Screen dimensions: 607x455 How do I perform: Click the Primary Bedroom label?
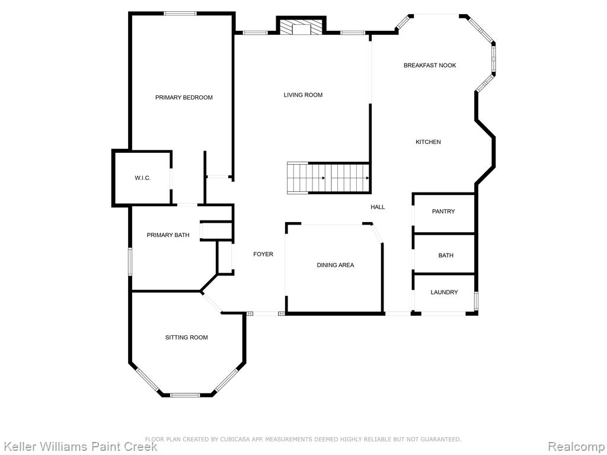click(x=184, y=98)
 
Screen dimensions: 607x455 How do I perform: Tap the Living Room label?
click(x=303, y=95)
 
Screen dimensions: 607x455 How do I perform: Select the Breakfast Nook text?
click(x=430, y=65)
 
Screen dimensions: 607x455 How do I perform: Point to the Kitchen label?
click(x=428, y=142)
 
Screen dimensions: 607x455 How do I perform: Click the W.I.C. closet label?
click(x=142, y=178)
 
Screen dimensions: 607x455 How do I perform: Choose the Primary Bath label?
click(x=168, y=235)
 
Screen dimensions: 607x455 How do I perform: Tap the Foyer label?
click(x=263, y=254)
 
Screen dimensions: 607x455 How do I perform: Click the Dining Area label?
click(x=336, y=265)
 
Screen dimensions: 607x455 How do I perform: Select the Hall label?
click(x=378, y=207)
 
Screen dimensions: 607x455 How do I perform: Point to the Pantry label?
click(x=443, y=212)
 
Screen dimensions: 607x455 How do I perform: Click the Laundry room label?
click(x=444, y=292)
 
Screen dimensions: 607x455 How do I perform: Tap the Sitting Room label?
click(x=187, y=337)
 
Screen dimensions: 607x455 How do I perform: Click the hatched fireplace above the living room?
click(x=301, y=28)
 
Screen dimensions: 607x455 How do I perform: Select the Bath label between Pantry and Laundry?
click(x=446, y=255)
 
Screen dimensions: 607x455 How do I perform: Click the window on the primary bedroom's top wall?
click(x=180, y=14)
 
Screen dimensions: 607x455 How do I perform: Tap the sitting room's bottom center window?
click(x=185, y=395)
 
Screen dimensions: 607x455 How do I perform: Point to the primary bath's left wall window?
click(x=130, y=261)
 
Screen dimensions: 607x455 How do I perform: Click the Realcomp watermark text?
click(x=576, y=446)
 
